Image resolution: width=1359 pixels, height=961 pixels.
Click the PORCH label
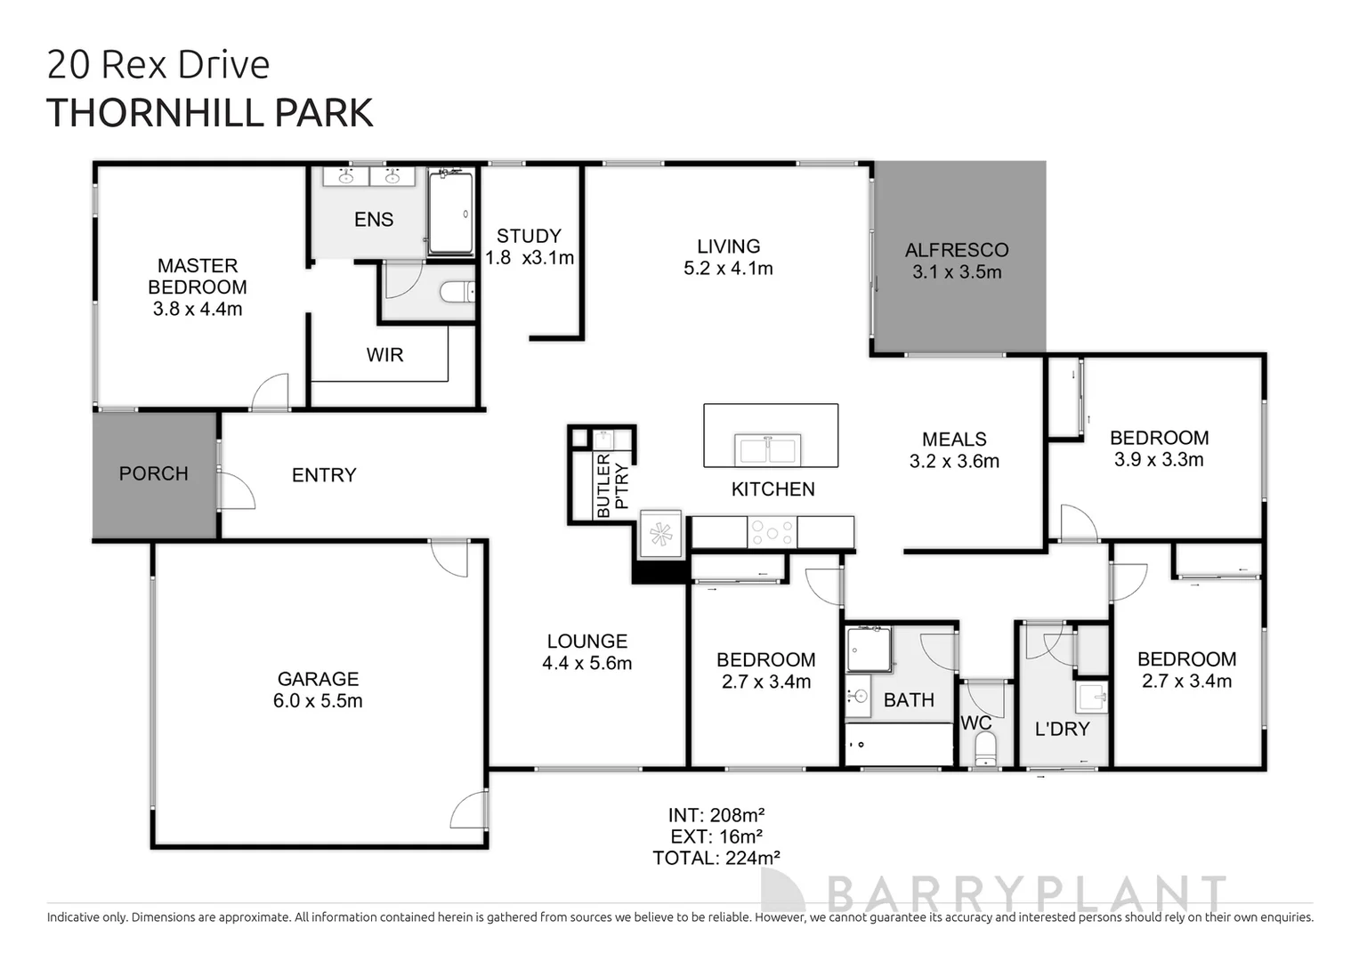153,473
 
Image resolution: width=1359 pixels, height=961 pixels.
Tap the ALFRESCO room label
957,250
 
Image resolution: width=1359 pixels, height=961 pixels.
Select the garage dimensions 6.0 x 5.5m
318,701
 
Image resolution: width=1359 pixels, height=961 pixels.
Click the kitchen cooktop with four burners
772,532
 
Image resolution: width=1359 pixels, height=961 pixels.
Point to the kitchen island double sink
767,449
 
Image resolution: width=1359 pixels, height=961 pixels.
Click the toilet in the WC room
985,755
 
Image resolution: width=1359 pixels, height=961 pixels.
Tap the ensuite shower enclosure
451,213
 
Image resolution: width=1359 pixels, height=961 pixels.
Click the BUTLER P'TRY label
611,486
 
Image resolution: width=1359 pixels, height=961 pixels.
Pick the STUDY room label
529,236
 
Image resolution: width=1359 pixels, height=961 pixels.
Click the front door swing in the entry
235,491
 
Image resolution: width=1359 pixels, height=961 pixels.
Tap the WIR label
384,355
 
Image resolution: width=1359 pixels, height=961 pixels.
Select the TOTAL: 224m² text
716,858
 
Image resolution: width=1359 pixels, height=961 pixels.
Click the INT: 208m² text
716,815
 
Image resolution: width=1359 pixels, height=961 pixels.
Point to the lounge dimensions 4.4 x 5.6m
586,664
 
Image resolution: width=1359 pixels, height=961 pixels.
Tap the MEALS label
954,440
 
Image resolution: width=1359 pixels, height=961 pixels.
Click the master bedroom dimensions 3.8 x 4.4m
198,310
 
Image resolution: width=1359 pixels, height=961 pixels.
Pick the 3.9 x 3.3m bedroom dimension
1159,460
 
